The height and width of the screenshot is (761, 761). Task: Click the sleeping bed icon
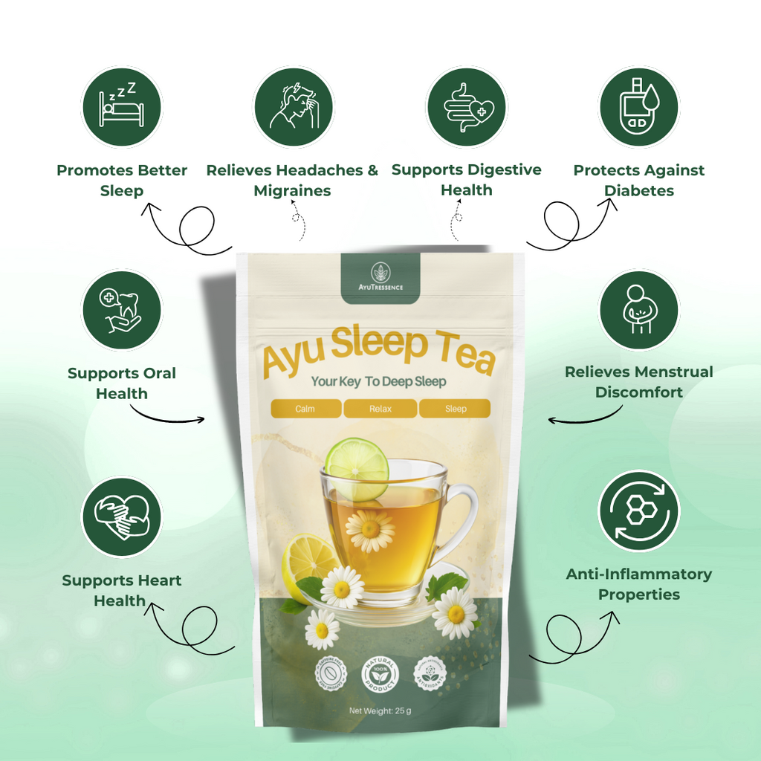[121, 107]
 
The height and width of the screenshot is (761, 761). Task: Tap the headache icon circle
[293, 107]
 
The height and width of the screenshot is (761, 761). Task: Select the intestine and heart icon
[466, 107]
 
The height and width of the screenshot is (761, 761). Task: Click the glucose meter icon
[638, 107]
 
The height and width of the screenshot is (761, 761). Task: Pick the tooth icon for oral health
[121, 310]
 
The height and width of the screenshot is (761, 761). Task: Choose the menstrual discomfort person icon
[638, 310]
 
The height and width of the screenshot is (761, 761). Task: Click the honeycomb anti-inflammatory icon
[638, 511]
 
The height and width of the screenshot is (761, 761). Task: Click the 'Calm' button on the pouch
[305, 409]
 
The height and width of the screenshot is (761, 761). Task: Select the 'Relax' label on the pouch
[380, 409]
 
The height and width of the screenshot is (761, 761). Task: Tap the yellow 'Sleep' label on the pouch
[455, 409]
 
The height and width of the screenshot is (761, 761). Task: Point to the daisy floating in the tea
[369, 529]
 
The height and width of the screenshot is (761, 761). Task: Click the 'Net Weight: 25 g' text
[380, 711]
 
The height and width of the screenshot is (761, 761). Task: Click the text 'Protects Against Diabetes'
[638, 180]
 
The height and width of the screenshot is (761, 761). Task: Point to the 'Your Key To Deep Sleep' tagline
[379, 381]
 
